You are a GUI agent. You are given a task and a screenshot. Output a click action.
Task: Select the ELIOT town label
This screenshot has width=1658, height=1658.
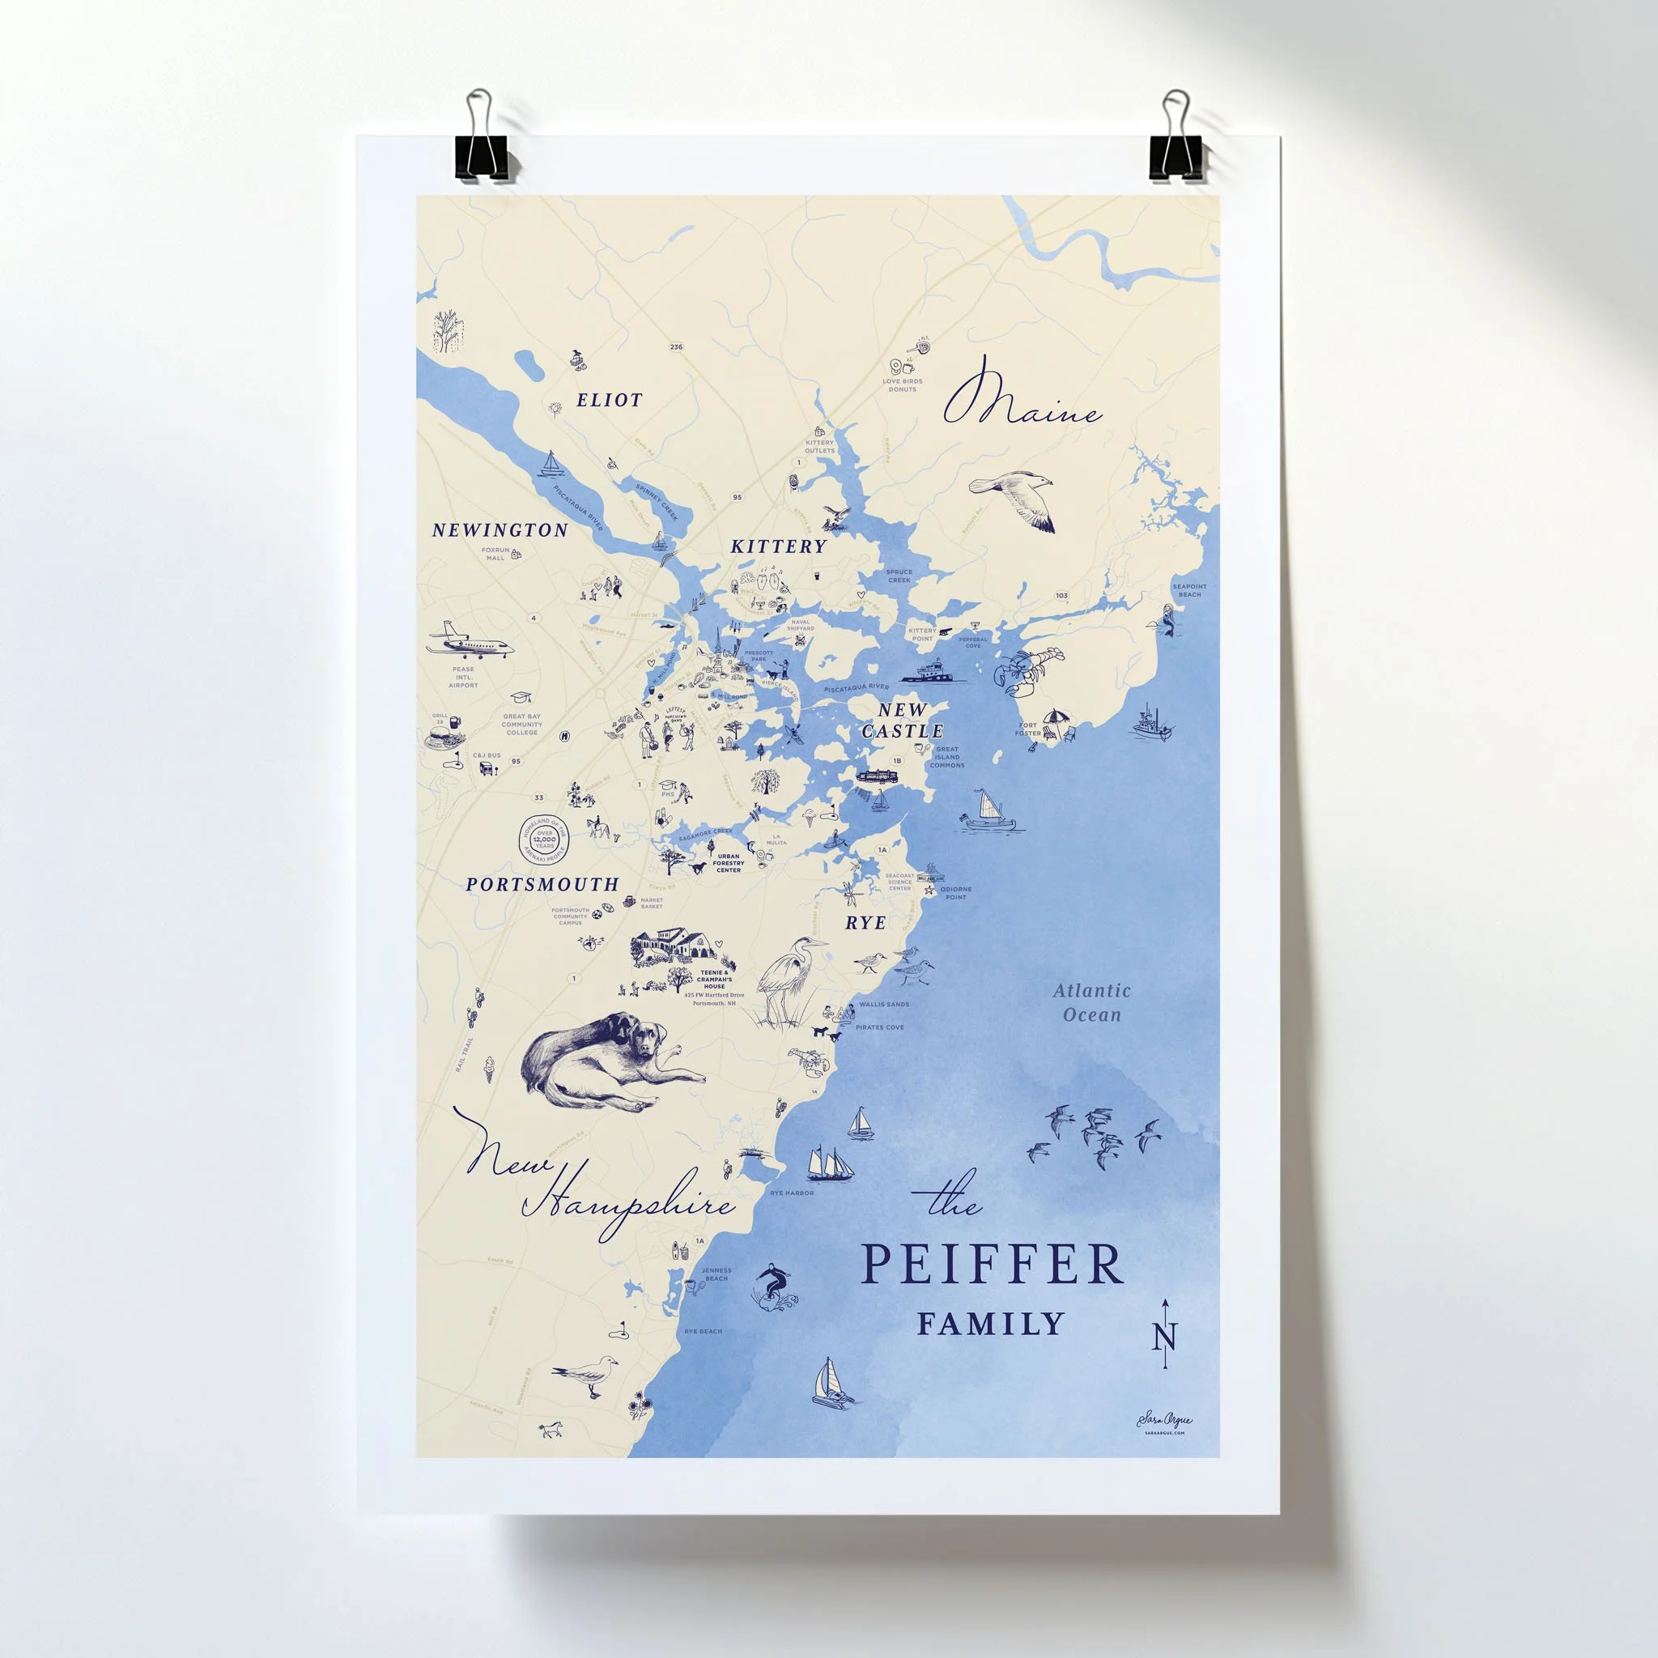point(610,400)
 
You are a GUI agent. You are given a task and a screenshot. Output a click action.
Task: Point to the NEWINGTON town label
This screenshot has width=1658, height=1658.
point(500,530)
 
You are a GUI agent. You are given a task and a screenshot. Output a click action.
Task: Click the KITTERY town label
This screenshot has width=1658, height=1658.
point(778,546)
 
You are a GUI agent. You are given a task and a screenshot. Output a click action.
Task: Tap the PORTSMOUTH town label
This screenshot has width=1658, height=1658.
point(542,884)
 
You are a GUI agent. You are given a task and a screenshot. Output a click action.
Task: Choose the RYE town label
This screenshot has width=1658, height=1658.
point(865,923)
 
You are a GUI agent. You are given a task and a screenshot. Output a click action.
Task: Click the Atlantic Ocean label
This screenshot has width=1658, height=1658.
point(1091,1002)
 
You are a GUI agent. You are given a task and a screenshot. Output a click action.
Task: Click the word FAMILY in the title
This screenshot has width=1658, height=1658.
point(990,1324)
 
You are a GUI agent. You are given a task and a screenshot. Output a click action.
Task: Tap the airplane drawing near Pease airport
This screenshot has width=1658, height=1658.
point(470,641)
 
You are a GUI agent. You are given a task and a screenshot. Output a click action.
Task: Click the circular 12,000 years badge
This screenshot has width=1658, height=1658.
point(544,834)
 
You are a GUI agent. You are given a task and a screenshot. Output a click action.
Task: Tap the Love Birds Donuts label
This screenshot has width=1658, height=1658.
point(902,385)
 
